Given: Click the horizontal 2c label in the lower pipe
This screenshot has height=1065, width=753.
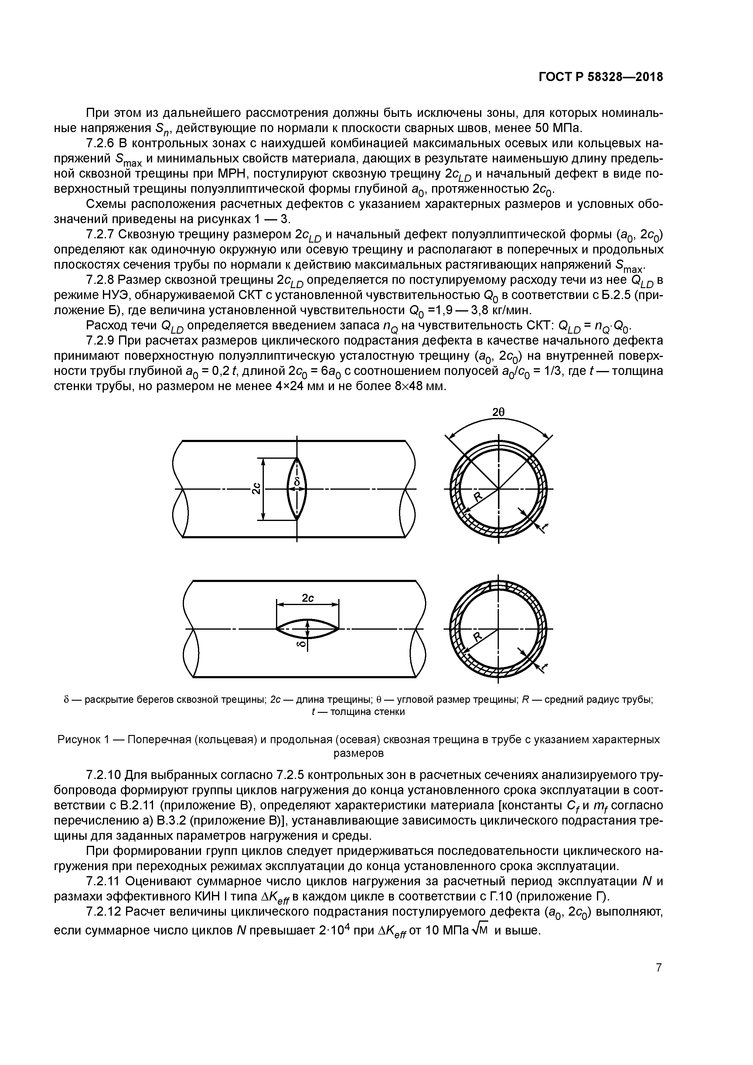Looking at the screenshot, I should [x=308, y=598].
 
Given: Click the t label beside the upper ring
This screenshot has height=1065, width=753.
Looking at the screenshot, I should [x=545, y=526].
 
